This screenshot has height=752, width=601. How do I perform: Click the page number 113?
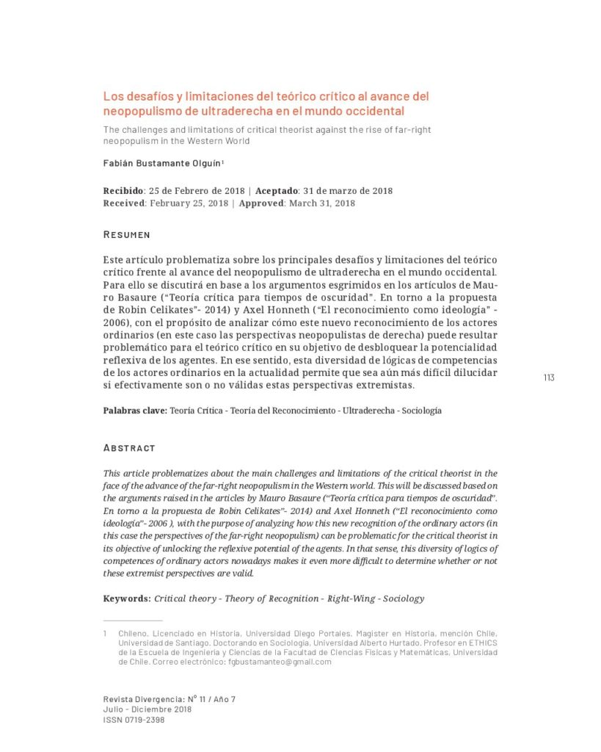(549, 377)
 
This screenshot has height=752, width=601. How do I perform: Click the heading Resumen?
(127, 235)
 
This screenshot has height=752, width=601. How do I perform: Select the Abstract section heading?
(129, 448)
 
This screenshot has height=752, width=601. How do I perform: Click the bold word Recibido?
(123, 191)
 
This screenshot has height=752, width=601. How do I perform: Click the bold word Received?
(124, 203)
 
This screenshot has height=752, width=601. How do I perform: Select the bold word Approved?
(261, 203)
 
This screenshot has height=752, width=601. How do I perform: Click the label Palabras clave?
(135, 411)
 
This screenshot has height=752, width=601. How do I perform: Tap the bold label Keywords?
(127, 599)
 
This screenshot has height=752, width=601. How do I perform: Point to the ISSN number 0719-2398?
(145, 720)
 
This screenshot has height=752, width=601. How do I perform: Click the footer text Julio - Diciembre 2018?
(147, 710)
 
